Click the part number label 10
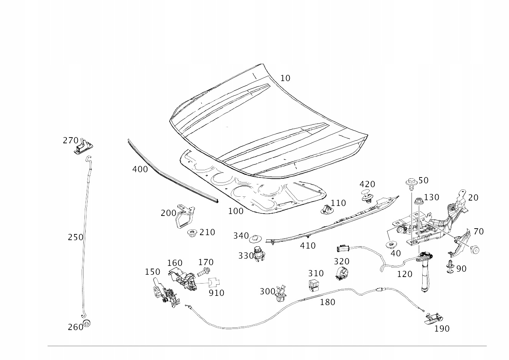coord(286,78)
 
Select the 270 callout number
coord(71,141)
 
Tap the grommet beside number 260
coord(87,323)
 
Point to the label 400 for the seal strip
coord(140,169)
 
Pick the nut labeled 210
coord(192,233)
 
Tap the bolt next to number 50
coord(411,184)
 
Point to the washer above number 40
coord(391,245)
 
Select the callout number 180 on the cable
coord(327,302)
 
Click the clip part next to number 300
coord(281,294)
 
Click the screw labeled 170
coord(203,272)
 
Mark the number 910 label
coord(216,293)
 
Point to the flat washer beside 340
coord(255,239)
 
